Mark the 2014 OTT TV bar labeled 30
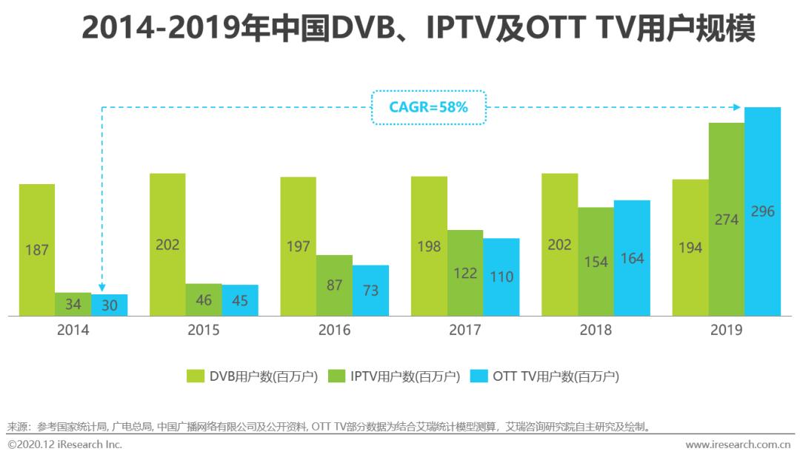pyautogui.click(x=110, y=305)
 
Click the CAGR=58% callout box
pyautogui.click(x=428, y=107)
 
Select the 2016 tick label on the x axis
pyautogui.click(x=334, y=330)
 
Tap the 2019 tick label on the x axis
pyautogui.click(x=726, y=330)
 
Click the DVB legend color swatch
pyautogui.click(x=196, y=376)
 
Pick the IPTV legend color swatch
pyautogui.click(x=338, y=376)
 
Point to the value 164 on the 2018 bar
pyautogui.click(x=632, y=259)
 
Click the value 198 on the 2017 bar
pyautogui.click(x=429, y=246)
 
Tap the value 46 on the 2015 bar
pyautogui.click(x=204, y=300)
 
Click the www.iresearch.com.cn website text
pyautogui.click(x=738, y=444)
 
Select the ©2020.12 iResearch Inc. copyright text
pyautogui.click(x=65, y=444)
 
